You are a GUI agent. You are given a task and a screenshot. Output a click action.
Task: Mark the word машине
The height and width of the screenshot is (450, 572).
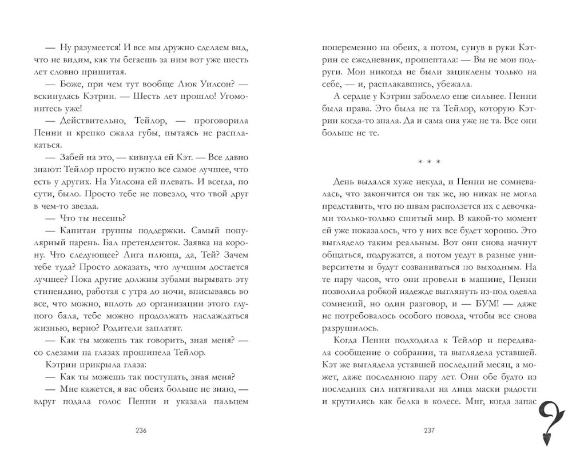(x=480, y=278)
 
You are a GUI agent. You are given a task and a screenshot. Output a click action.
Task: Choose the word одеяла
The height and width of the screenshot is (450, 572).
(x=517, y=290)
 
